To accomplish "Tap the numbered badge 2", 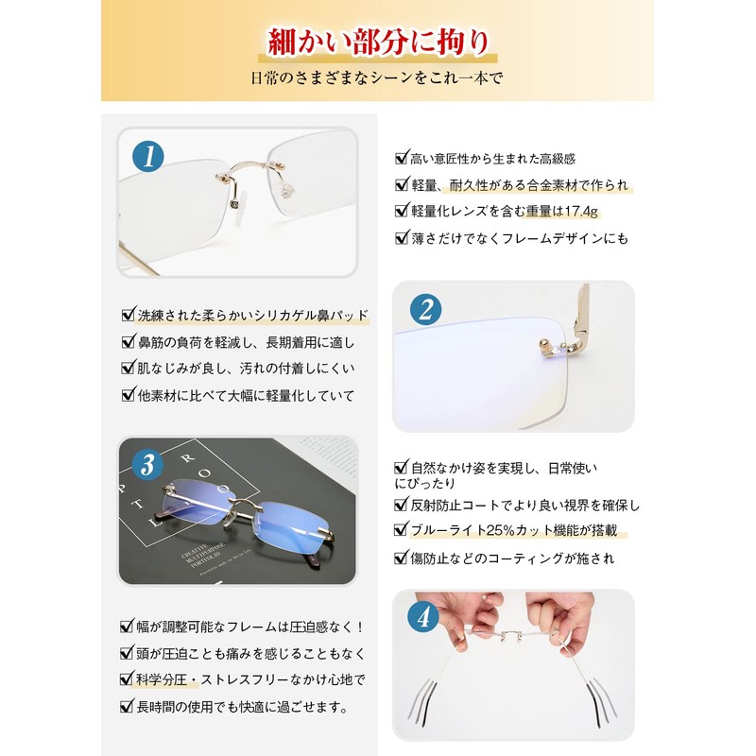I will point(426,309).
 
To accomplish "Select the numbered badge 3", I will point(147,463).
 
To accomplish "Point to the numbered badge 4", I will point(422,617).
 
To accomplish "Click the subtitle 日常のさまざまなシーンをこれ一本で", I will point(378,78).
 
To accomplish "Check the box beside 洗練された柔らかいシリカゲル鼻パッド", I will point(129,315).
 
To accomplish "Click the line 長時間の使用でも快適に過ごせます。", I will point(243,706).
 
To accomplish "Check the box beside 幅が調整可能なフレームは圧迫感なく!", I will point(129,627).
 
